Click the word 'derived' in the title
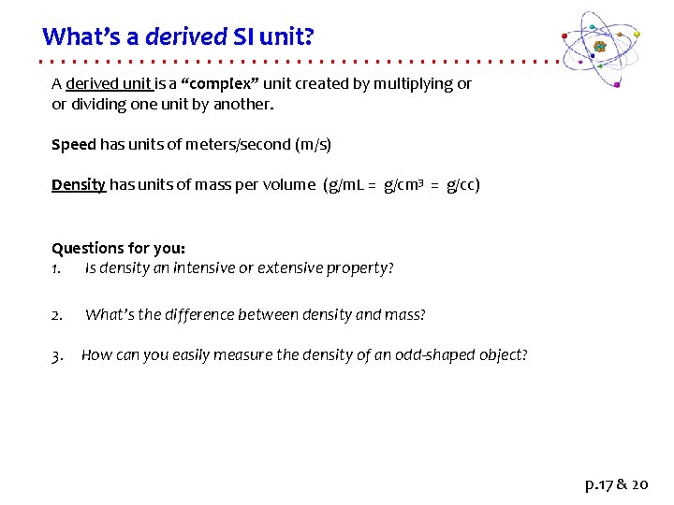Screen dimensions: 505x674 click(x=186, y=36)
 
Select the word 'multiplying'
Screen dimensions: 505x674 click(x=412, y=83)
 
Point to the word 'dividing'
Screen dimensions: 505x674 click(x=98, y=104)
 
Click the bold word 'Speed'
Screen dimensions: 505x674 click(x=73, y=145)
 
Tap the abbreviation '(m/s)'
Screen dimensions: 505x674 click(x=313, y=145)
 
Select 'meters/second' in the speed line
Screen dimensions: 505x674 click(x=243, y=145)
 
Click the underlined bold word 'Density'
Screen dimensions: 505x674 click(x=79, y=184)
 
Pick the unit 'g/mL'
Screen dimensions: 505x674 click(x=344, y=184)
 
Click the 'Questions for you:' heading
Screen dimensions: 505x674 click(x=118, y=248)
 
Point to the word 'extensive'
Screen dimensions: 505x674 click(x=289, y=268)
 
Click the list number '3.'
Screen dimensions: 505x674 click(x=57, y=354)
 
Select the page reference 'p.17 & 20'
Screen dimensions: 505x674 click(x=614, y=484)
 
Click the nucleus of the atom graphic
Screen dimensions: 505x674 click(x=600, y=46)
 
